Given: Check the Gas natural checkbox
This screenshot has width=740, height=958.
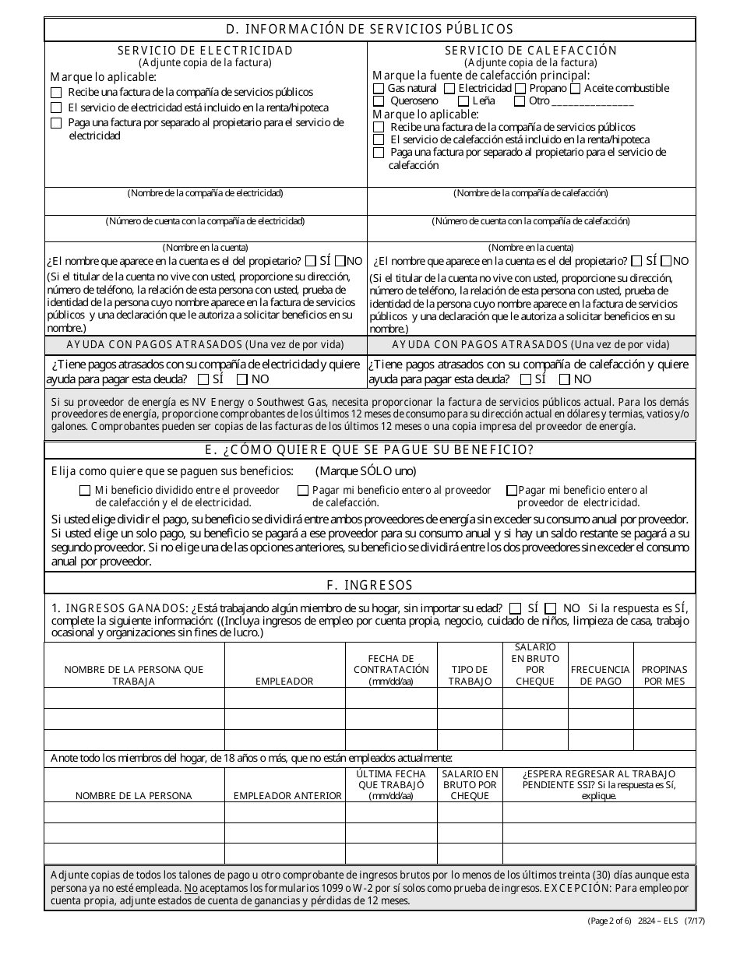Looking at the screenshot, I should tap(379, 89).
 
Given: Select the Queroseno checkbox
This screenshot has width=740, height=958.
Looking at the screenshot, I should tap(379, 101).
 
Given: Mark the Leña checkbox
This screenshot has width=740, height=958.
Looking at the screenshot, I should tap(463, 101).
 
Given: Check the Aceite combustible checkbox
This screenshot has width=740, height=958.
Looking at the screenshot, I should tap(576, 89).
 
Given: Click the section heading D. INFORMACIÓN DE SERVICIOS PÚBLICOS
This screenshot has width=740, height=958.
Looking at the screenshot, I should tap(370, 29).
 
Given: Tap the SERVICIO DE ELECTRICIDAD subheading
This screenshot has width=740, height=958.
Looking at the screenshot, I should tap(206, 50).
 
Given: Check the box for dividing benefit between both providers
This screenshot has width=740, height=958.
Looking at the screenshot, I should tap(85, 491).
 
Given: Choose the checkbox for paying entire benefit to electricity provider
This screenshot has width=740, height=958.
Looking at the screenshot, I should tap(512, 491).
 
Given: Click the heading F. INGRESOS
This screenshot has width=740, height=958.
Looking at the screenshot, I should tap(370, 585).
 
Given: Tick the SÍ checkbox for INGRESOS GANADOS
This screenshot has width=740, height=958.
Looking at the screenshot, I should tap(516, 608).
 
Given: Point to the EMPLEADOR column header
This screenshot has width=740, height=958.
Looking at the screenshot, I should tap(284, 681).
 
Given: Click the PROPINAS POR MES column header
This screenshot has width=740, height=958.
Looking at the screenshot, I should tap(664, 674).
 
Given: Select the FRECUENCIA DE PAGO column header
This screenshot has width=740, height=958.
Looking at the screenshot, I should tap(600, 674).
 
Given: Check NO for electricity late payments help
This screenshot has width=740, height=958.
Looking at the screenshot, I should tap(241, 379).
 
